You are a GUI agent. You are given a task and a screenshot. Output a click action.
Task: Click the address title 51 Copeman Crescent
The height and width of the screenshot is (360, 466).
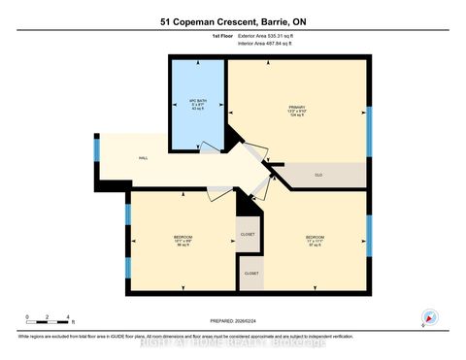pos(233,20)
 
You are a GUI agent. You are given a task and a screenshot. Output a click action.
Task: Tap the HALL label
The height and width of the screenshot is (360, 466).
pos(143,157)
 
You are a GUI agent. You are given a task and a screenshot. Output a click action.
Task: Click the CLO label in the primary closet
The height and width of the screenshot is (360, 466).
pos(318,175)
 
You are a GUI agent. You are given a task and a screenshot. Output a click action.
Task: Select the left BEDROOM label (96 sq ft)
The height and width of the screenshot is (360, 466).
pos(183,240)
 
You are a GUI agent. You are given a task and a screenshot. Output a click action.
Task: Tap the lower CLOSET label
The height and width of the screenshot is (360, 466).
pos(251,276)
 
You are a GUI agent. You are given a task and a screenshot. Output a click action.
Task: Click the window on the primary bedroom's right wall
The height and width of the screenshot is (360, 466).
pos(369,126)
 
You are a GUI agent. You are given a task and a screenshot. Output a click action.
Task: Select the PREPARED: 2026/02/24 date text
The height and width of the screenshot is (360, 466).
pos(233,320)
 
